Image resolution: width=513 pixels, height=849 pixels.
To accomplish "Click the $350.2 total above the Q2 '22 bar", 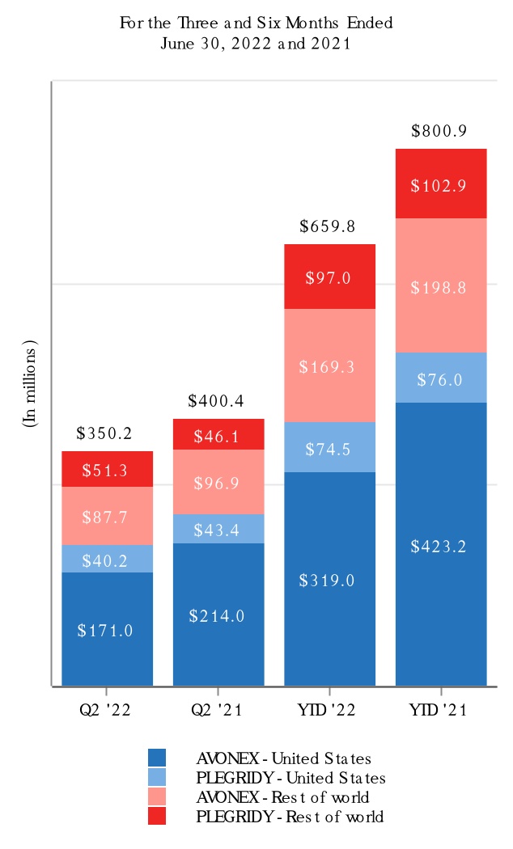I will click(x=104, y=433).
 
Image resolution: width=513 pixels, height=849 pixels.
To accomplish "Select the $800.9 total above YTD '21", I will click(x=439, y=131).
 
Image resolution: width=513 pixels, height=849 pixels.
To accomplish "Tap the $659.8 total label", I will click(x=328, y=227).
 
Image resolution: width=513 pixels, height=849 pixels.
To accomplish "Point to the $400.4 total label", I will click(x=215, y=401).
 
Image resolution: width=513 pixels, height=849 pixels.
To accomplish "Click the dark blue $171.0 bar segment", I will click(x=107, y=629).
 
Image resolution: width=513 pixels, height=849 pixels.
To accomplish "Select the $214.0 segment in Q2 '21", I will click(x=217, y=615).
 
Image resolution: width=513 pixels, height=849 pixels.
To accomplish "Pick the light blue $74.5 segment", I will click(x=329, y=447).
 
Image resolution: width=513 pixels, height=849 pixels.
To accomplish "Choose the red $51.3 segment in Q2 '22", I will click(x=107, y=469).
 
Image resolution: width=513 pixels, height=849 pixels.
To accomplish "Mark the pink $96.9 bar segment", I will click(x=217, y=482).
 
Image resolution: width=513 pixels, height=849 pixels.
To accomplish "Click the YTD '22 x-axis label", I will click(x=329, y=710).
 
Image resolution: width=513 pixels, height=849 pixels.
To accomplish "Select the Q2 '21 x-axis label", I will click(x=217, y=710).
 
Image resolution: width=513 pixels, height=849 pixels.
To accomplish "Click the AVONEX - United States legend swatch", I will click(x=157, y=758).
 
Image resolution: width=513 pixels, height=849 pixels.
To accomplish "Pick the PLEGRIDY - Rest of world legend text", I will click(x=290, y=817).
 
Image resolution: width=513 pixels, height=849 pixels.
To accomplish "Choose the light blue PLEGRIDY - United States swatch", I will click(x=157, y=778).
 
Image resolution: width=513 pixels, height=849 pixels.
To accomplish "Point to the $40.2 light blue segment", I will click(x=107, y=559).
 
